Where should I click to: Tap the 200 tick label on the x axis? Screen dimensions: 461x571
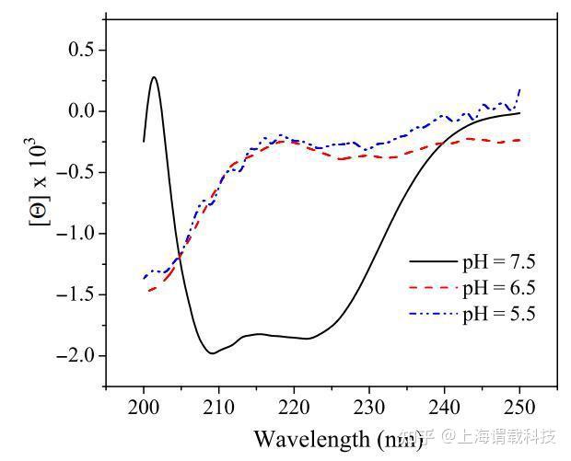(x=144, y=408)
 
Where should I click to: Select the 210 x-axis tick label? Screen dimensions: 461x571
(x=218, y=408)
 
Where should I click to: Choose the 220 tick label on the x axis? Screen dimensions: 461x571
(x=294, y=408)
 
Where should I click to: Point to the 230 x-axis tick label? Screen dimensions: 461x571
(x=369, y=408)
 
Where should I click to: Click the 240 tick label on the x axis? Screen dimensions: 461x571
(x=444, y=408)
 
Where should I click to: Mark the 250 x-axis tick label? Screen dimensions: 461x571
(x=519, y=408)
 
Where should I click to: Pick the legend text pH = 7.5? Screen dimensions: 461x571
(x=498, y=262)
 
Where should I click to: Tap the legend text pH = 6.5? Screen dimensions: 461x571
(x=498, y=288)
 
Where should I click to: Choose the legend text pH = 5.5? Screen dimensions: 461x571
(x=498, y=314)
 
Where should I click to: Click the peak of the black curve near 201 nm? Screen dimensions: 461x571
(x=154, y=77)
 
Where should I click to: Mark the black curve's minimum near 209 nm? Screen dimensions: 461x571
(x=212, y=352)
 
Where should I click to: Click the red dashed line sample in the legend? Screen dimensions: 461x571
(x=433, y=288)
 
